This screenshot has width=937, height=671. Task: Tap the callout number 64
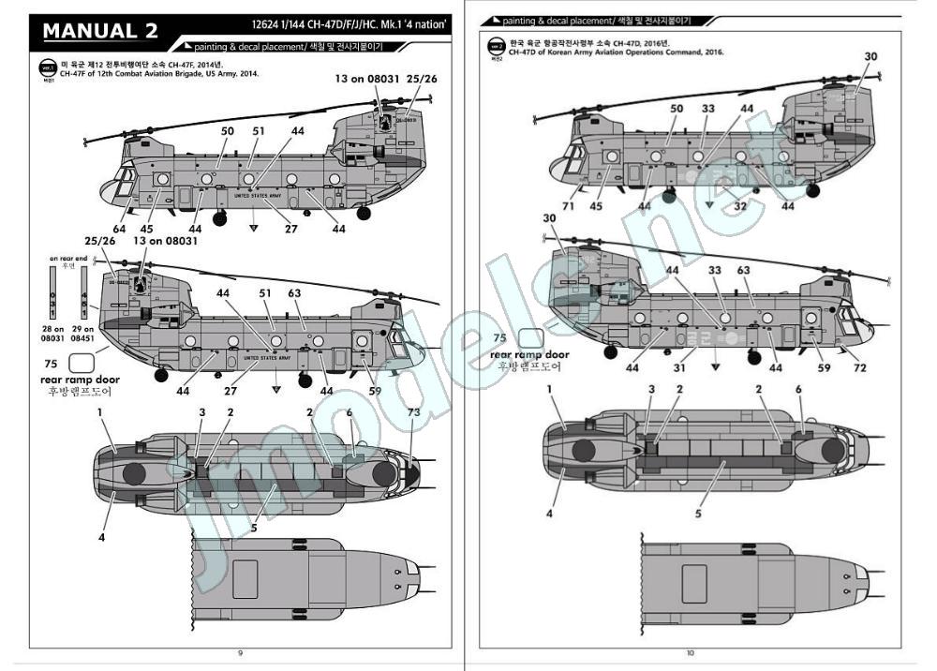118,228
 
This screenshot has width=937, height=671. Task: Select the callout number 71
569,206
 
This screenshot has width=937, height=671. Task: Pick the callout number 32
740,205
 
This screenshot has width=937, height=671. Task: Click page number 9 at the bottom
241,652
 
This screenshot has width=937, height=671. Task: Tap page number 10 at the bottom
691,652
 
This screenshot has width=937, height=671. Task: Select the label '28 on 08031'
53,334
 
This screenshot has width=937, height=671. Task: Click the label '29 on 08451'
83,334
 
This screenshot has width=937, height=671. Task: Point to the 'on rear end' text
68,258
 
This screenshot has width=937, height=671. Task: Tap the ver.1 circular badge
48,67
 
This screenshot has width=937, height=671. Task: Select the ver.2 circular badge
493,46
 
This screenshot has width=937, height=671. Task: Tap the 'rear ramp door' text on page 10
529,355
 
